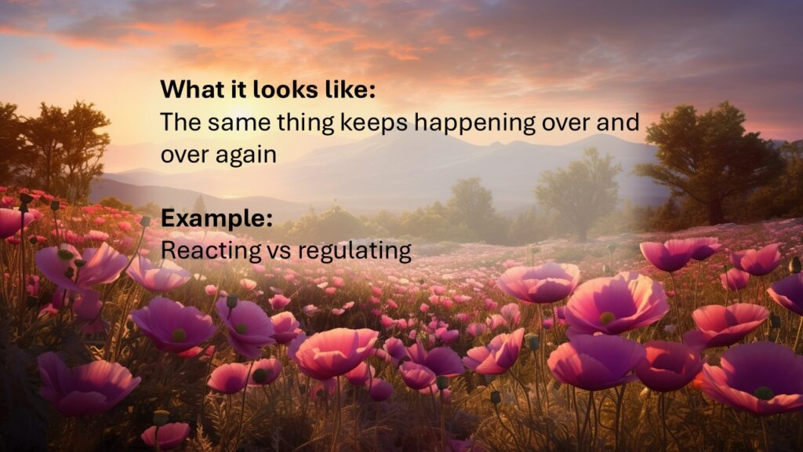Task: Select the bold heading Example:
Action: [x=216, y=218]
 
